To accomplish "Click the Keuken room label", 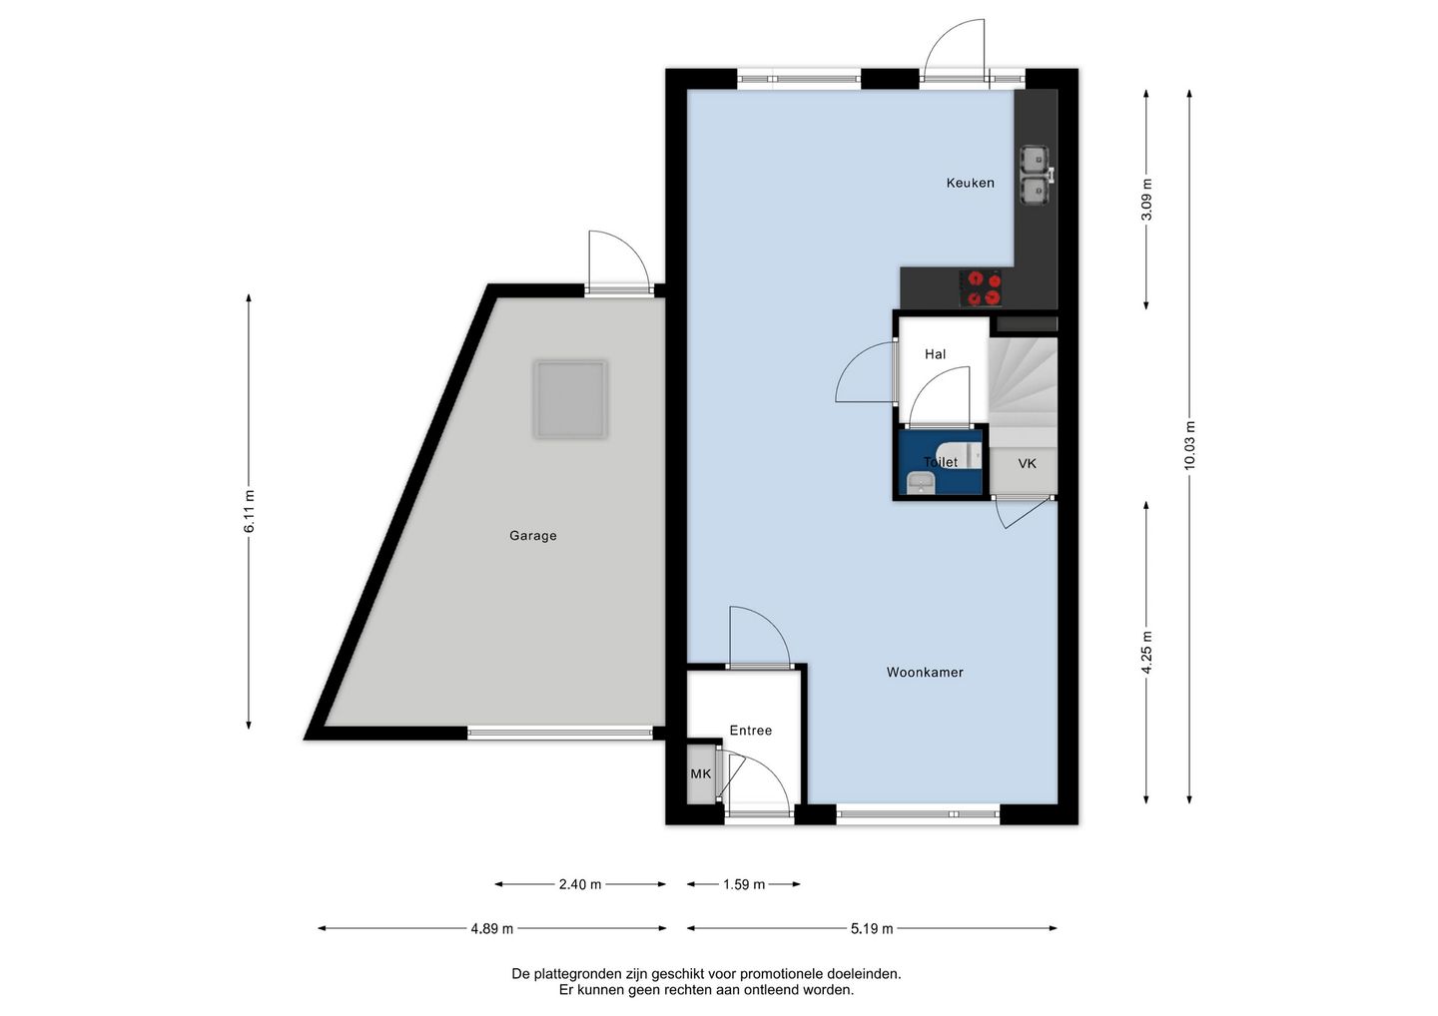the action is click(970, 183).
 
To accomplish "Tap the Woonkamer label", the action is click(925, 673).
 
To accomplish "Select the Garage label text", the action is click(533, 536).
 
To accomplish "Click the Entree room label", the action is click(751, 730).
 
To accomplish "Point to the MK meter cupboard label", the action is click(700, 774).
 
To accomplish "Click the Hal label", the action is click(936, 354).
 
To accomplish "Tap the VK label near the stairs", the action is click(1028, 463).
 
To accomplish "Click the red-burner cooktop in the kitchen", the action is click(981, 288).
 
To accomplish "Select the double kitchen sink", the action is click(1035, 175).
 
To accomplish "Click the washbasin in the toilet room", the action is click(921, 483).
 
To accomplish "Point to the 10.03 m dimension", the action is click(1189, 445).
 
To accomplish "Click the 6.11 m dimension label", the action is click(249, 511).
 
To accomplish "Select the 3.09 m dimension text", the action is click(1146, 199).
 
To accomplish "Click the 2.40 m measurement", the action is click(580, 884).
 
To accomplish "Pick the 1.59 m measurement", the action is click(744, 884).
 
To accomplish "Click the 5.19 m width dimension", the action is click(872, 929).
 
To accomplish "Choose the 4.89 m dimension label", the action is click(491, 929).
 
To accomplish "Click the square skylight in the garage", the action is click(570, 399).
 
